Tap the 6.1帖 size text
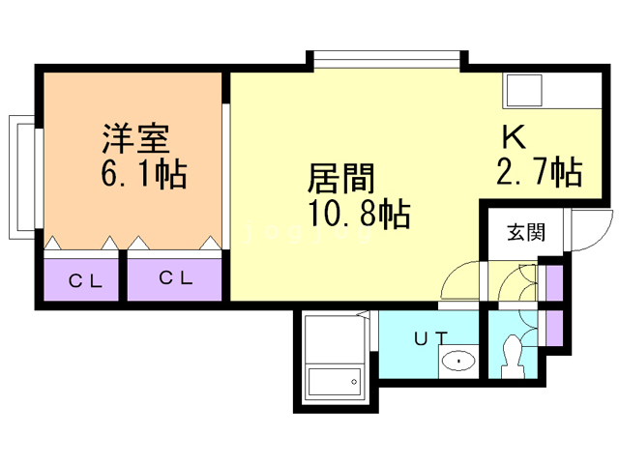coord(143,176)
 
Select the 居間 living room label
coord(339,179)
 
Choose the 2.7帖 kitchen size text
coord(539,172)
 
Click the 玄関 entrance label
coord(526,232)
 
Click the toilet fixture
coord(513,356)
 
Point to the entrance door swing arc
coord(584,230)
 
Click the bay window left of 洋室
coord(21,177)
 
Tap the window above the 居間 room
coord(388,62)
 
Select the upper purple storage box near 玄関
coord(554,283)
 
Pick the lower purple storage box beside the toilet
coord(554,327)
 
